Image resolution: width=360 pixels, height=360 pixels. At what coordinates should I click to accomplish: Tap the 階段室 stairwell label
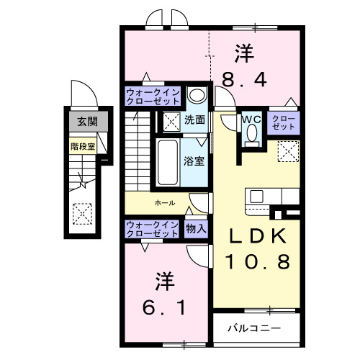[x=84, y=145]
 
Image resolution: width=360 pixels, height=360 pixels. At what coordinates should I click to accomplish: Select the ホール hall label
[x=165, y=203]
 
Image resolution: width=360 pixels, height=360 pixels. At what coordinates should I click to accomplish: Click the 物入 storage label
[x=196, y=228]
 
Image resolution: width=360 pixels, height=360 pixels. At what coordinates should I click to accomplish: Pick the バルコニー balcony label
[x=254, y=328]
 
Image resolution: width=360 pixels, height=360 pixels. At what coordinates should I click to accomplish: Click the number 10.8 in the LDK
[x=260, y=261]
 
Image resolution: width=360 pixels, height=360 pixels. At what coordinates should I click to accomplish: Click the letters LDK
[x=259, y=235]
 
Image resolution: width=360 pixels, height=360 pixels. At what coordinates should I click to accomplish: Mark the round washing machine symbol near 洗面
[x=197, y=96]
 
